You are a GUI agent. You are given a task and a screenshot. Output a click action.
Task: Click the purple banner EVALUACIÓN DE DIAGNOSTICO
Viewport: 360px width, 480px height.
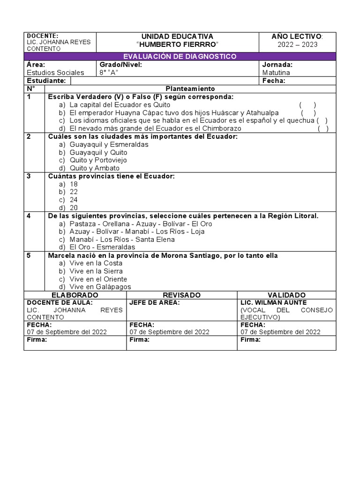[x=180, y=56]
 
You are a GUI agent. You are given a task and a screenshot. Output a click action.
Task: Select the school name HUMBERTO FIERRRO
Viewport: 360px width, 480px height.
[x=177, y=45]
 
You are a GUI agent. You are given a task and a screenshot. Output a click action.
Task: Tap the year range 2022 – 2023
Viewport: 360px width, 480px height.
[x=298, y=45]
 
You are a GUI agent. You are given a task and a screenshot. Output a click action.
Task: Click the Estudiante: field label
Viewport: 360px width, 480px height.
[x=46, y=81]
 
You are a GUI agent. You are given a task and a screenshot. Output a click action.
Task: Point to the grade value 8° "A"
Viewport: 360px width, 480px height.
[x=109, y=73]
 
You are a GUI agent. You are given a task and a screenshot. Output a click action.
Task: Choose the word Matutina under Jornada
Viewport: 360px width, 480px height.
[x=276, y=73]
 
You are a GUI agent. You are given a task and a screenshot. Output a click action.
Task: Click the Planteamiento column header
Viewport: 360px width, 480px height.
[x=190, y=89]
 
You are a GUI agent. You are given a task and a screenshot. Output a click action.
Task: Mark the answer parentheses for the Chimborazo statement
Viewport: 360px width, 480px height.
[x=323, y=128]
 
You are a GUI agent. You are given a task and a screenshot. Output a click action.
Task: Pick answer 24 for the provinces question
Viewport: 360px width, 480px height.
[x=74, y=200]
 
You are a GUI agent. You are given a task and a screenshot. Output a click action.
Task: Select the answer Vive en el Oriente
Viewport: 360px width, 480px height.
[x=98, y=279]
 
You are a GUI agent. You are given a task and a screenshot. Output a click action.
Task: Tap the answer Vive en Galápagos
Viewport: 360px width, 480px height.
[x=100, y=287]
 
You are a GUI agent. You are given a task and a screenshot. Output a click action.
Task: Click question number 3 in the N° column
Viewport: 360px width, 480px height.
[x=29, y=176]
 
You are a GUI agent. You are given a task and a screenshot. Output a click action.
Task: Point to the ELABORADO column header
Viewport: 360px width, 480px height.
[x=75, y=295]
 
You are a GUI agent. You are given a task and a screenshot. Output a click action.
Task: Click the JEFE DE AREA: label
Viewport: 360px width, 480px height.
[x=154, y=302]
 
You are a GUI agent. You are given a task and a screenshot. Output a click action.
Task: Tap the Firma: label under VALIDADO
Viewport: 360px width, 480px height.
[x=250, y=340]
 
